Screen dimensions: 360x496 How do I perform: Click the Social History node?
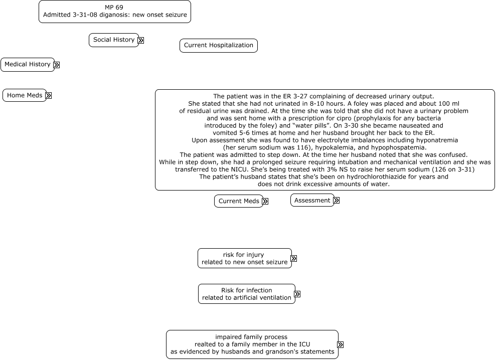pos(114,40)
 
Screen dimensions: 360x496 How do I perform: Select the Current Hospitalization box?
pos(219,46)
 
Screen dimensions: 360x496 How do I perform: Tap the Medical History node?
pos(28,65)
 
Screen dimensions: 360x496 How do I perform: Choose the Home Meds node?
pos(25,95)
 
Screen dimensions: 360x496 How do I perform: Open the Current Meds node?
pos(239,201)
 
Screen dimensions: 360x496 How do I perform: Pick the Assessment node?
pos(312,201)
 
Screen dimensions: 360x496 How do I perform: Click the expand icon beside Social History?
pos(141,41)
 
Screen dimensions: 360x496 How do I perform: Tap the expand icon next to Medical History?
pos(57,65)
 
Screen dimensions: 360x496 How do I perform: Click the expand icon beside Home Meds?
pos(49,95)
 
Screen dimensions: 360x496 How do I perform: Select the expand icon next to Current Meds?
pos(265,202)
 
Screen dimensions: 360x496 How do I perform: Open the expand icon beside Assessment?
pos(337,201)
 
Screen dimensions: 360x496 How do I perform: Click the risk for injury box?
pos(244,258)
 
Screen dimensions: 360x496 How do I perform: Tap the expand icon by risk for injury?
pos(294,259)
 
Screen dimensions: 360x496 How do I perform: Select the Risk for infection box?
pos(246,294)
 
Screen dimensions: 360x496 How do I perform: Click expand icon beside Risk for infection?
pos(297,294)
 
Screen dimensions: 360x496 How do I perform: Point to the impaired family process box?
pos(252,344)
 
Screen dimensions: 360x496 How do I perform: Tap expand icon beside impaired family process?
pos(341,345)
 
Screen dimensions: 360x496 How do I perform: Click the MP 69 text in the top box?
pos(114,8)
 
